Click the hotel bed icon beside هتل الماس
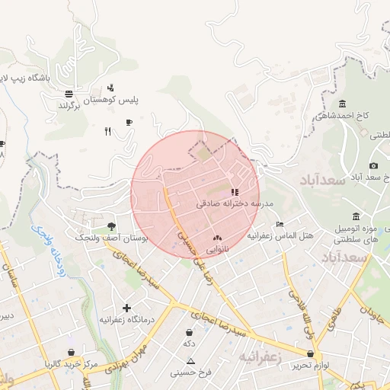pos(280,224)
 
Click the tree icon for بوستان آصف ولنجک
pos(112,226)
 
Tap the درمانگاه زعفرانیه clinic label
pos(126,319)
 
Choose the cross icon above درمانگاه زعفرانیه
pos(126,307)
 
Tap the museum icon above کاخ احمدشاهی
pos(342,104)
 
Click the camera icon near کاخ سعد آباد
pos(373,166)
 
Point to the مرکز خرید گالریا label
pos(71,364)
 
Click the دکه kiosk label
pos(189,344)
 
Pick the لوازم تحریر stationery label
pos(310,366)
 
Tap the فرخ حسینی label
pos(190,372)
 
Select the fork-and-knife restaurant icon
pos(107,131)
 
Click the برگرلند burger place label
pos(75,105)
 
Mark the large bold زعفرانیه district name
pos(261,356)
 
